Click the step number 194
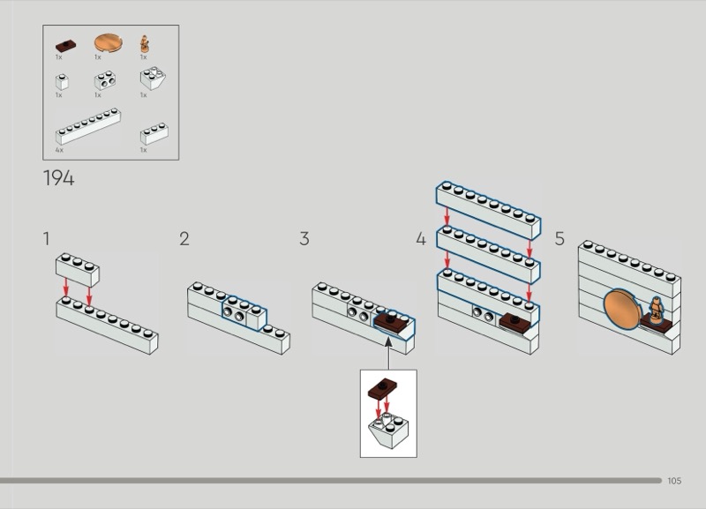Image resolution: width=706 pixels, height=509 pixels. pos(58,178)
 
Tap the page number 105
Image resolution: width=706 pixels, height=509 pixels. pos(675,481)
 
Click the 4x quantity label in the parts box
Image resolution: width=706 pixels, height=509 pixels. pos(60,150)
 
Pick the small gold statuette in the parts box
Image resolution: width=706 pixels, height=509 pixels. pos(144,43)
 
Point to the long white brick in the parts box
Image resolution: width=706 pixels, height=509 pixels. pos(88,127)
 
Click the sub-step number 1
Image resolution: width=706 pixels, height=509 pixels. pos(46,238)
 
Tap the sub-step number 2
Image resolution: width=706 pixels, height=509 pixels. pos(184,238)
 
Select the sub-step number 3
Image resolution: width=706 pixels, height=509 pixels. pos(304,238)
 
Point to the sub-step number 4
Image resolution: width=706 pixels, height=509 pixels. pos(421,238)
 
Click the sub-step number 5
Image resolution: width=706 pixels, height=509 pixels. pos(560,238)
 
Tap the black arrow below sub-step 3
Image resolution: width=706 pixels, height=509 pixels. pos(388,352)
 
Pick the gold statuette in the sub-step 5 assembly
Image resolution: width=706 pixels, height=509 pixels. pos(657,308)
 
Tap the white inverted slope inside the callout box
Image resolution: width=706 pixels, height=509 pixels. pos(387,430)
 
